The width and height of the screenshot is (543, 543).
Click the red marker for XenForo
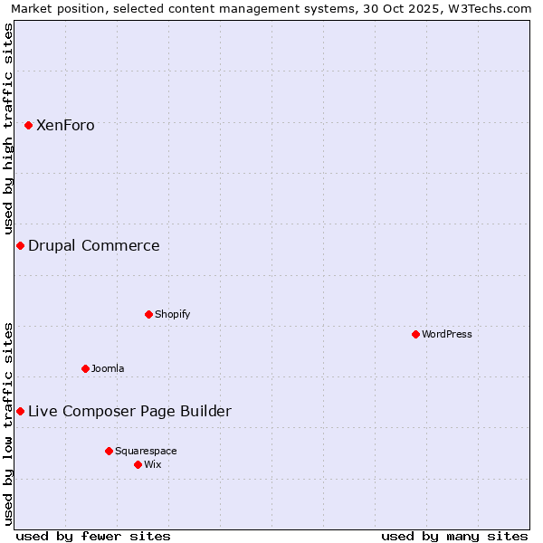point(28,125)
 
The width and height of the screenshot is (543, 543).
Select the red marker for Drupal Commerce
point(20,245)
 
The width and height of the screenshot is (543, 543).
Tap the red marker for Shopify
point(148,314)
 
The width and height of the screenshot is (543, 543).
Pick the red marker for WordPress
point(415,334)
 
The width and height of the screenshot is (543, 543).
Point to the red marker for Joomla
point(85,368)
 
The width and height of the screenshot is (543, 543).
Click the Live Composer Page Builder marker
point(20,411)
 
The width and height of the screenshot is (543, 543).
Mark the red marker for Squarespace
point(109,451)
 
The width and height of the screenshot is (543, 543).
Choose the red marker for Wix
point(138,464)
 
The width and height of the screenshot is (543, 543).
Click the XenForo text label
point(65,126)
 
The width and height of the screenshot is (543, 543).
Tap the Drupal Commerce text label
point(94,246)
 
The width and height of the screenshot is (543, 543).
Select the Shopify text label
point(172,314)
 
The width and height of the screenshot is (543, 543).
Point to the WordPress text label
point(447,334)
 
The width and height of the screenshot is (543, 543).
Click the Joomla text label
point(108,368)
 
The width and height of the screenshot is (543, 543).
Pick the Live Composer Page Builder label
point(129,412)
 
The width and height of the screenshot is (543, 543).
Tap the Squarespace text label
point(146,451)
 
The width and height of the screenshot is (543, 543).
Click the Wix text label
point(153,464)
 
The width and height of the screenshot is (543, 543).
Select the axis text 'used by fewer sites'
point(93,536)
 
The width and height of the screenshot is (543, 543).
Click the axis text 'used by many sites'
point(453,536)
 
